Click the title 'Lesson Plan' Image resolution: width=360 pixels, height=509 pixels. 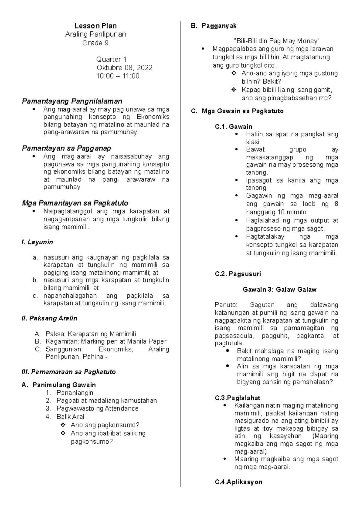coord(95,26)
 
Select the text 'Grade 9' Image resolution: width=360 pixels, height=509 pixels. coord(95,43)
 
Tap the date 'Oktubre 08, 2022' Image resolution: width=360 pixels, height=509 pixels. coord(124,68)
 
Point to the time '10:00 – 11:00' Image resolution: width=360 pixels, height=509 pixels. coord(118,76)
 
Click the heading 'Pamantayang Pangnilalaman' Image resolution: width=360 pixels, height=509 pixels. coord(72,101)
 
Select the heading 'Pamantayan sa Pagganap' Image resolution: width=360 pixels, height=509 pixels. coord(66,148)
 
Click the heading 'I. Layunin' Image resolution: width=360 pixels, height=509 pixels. coord(37,242)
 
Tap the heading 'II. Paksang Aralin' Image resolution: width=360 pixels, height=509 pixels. coord(49,318)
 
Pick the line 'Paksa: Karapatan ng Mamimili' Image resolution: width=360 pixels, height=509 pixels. coord(91,334)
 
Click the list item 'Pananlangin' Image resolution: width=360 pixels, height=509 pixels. coord(75,392)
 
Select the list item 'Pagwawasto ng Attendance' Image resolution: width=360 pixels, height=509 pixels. coord(97,408)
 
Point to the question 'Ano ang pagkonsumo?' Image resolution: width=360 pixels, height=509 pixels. coord(105,425)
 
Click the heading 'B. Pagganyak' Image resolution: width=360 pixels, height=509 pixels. coord(214,26)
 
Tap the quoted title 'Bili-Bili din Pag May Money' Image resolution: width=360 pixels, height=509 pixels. coord(276,41)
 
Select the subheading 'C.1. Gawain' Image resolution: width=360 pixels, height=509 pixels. coord(233,127)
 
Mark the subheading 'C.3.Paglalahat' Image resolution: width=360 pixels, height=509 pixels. coord(237,398)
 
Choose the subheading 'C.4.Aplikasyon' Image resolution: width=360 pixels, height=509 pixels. coord(238,482)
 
